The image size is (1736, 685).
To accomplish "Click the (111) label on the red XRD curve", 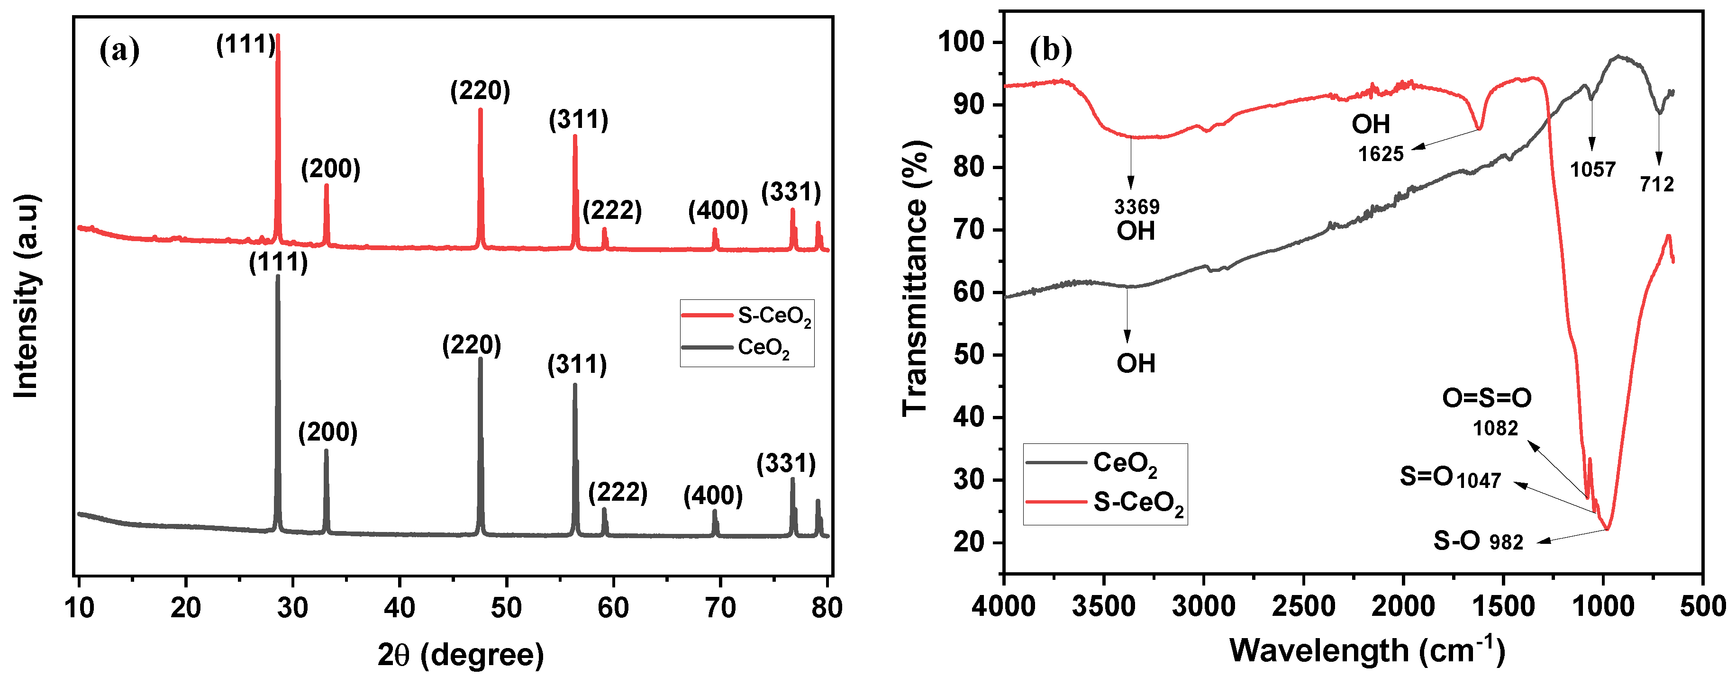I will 245,45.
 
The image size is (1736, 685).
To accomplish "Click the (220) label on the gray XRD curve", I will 472,345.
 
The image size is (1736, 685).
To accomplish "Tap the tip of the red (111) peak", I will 278,36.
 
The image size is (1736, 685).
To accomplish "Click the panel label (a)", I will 119,51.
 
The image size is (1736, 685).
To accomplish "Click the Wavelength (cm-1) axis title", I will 1367,650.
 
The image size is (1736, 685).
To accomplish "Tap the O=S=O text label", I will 1486,398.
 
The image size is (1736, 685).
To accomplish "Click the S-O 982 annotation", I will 1478,540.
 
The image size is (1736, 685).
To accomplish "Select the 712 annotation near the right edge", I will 1656,184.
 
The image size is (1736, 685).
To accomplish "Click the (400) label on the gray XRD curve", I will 713,496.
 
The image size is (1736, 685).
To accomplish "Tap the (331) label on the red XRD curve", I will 791,193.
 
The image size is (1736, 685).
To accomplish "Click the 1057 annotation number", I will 1592,169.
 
